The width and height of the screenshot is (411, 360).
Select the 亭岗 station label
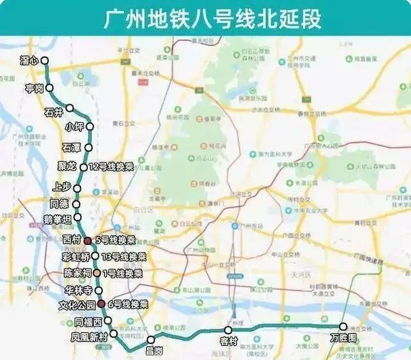pos(34,87)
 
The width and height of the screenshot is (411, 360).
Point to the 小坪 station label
pos(74,127)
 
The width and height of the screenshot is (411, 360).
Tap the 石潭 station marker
pos(89,147)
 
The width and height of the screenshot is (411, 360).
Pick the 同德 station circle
pos(77,204)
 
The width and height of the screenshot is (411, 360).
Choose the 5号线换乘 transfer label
pos(115,240)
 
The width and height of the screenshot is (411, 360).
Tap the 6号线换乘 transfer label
pos(127,304)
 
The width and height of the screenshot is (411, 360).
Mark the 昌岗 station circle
pos(151,339)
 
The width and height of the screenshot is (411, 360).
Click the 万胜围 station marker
pos(343,326)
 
